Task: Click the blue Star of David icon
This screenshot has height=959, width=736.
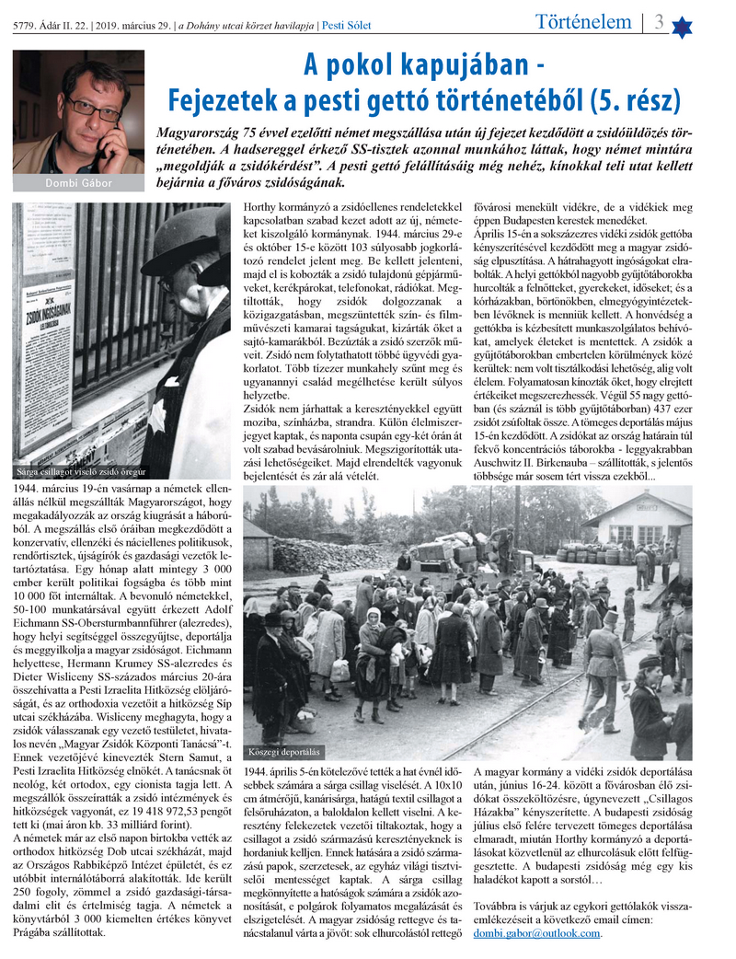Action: tap(682, 26)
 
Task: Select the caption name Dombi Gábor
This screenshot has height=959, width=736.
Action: tap(77, 183)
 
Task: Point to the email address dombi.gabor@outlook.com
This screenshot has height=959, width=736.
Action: tap(537, 932)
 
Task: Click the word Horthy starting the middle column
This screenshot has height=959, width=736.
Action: tap(261, 208)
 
